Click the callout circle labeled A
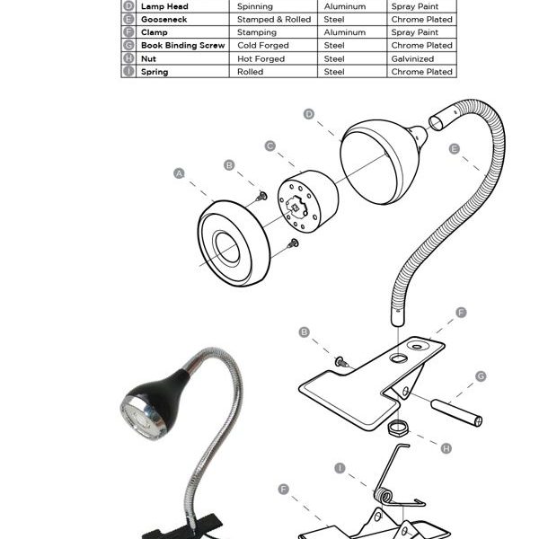(179, 173)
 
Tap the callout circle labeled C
(269, 145)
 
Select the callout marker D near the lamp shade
(308, 113)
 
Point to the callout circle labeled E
(455, 148)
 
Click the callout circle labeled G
(481, 376)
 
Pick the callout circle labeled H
(446, 446)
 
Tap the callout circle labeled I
(340, 467)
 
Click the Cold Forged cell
(262, 45)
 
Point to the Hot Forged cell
(261, 58)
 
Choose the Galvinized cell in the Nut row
(413, 58)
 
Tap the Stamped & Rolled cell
(273, 19)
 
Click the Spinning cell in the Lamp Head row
(254, 6)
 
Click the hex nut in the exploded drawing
(396, 425)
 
